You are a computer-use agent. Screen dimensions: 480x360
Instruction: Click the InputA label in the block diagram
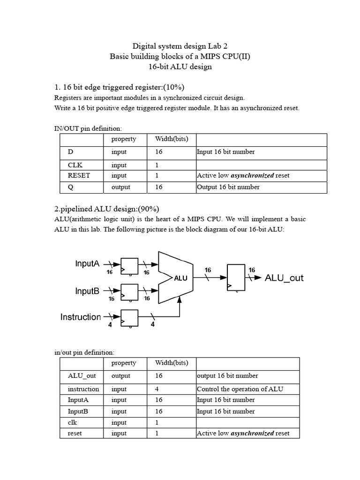87,263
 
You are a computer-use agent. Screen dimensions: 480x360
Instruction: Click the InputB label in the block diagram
87,291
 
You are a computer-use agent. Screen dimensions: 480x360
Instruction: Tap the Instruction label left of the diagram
81,317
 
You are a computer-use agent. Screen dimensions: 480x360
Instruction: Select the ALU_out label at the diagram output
284,277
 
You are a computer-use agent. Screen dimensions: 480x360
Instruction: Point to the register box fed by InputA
129,266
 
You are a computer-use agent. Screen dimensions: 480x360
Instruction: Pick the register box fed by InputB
129,292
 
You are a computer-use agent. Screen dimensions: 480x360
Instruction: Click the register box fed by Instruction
129,318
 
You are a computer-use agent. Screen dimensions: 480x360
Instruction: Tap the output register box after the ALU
236,278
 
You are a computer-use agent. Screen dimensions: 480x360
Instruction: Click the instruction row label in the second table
83,389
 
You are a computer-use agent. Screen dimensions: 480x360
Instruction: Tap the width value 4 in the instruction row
157,389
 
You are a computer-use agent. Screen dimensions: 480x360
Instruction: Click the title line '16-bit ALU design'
180,67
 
